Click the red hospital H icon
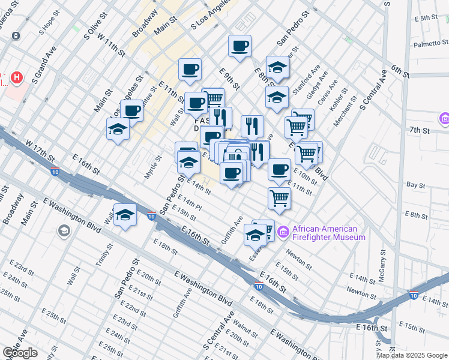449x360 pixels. coord(17,78)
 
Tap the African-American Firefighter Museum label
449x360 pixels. coord(328,233)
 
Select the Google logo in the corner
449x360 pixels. coord(20,353)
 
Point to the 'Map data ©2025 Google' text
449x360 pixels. coord(412,355)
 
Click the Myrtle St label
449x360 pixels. coord(154,167)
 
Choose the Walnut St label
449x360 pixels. coord(246,328)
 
